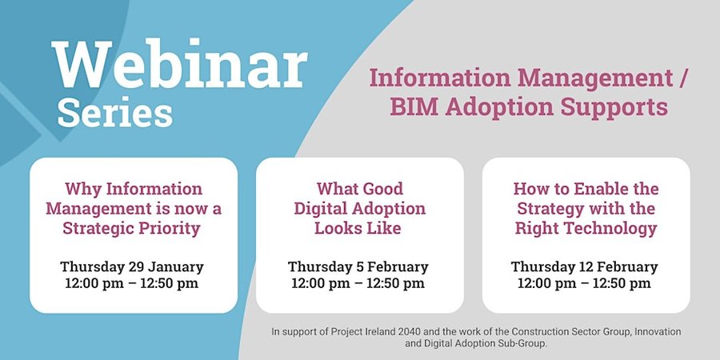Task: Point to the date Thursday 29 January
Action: point(133,266)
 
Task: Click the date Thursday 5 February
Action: point(358,266)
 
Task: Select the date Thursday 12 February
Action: point(585,266)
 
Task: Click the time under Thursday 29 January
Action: point(133,283)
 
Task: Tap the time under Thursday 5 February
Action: point(358,283)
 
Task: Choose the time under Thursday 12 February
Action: point(585,283)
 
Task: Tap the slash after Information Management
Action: point(685,78)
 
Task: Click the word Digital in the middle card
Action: point(322,209)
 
